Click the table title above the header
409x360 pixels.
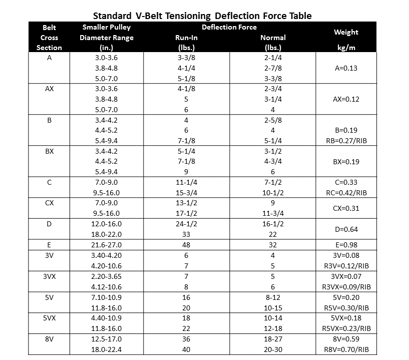click(202, 16)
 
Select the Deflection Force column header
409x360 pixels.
click(229, 27)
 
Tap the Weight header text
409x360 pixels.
click(346, 32)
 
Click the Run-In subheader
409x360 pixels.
click(186, 38)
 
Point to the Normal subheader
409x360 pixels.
click(273, 38)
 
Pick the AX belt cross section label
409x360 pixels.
click(50, 89)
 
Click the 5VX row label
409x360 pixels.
click(50, 318)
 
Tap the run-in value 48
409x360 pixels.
click(186, 245)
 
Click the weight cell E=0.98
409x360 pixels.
click(346, 245)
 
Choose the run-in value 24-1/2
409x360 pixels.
click(186, 224)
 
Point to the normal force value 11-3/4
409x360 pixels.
click(273, 213)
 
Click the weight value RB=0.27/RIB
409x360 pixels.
click(346, 141)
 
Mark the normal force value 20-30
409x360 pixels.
click(273, 349)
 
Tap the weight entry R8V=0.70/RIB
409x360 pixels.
click(346, 349)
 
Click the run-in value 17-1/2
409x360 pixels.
click(186, 213)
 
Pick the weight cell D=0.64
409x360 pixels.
click(346, 229)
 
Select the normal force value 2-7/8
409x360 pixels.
click(273, 68)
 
